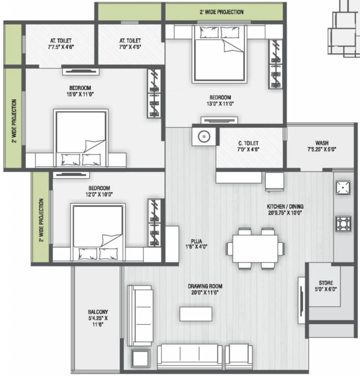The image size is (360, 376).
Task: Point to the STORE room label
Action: click(x=326, y=282)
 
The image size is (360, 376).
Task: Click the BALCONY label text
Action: click(x=98, y=312)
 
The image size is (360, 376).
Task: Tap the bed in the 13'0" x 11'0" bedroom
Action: click(x=219, y=54)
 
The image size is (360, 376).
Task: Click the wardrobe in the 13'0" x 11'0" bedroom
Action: click(x=275, y=64)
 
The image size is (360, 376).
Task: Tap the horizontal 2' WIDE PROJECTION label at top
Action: click(x=222, y=12)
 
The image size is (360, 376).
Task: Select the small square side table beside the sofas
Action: click(x=140, y=359)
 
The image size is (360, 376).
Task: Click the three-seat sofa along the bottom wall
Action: click(x=190, y=355)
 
